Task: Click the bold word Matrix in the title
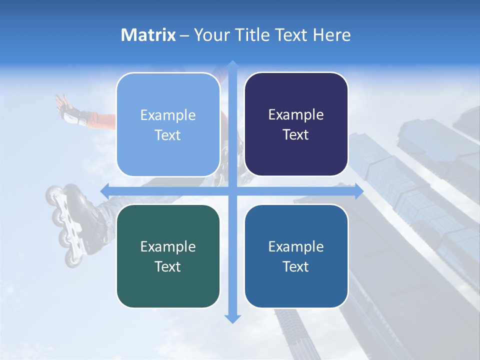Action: [x=148, y=35]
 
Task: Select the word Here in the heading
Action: [x=331, y=35]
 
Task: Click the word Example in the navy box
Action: [x=296, y=115]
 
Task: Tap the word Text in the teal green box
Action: [x=168, y=266]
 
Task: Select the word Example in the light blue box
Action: [x=168, y=115]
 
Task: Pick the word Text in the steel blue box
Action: [x=296, y=266]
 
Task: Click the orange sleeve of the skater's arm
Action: [x=102, y=120]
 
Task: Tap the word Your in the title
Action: [x=209, y=35]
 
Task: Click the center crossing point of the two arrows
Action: [x=232, y=191]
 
